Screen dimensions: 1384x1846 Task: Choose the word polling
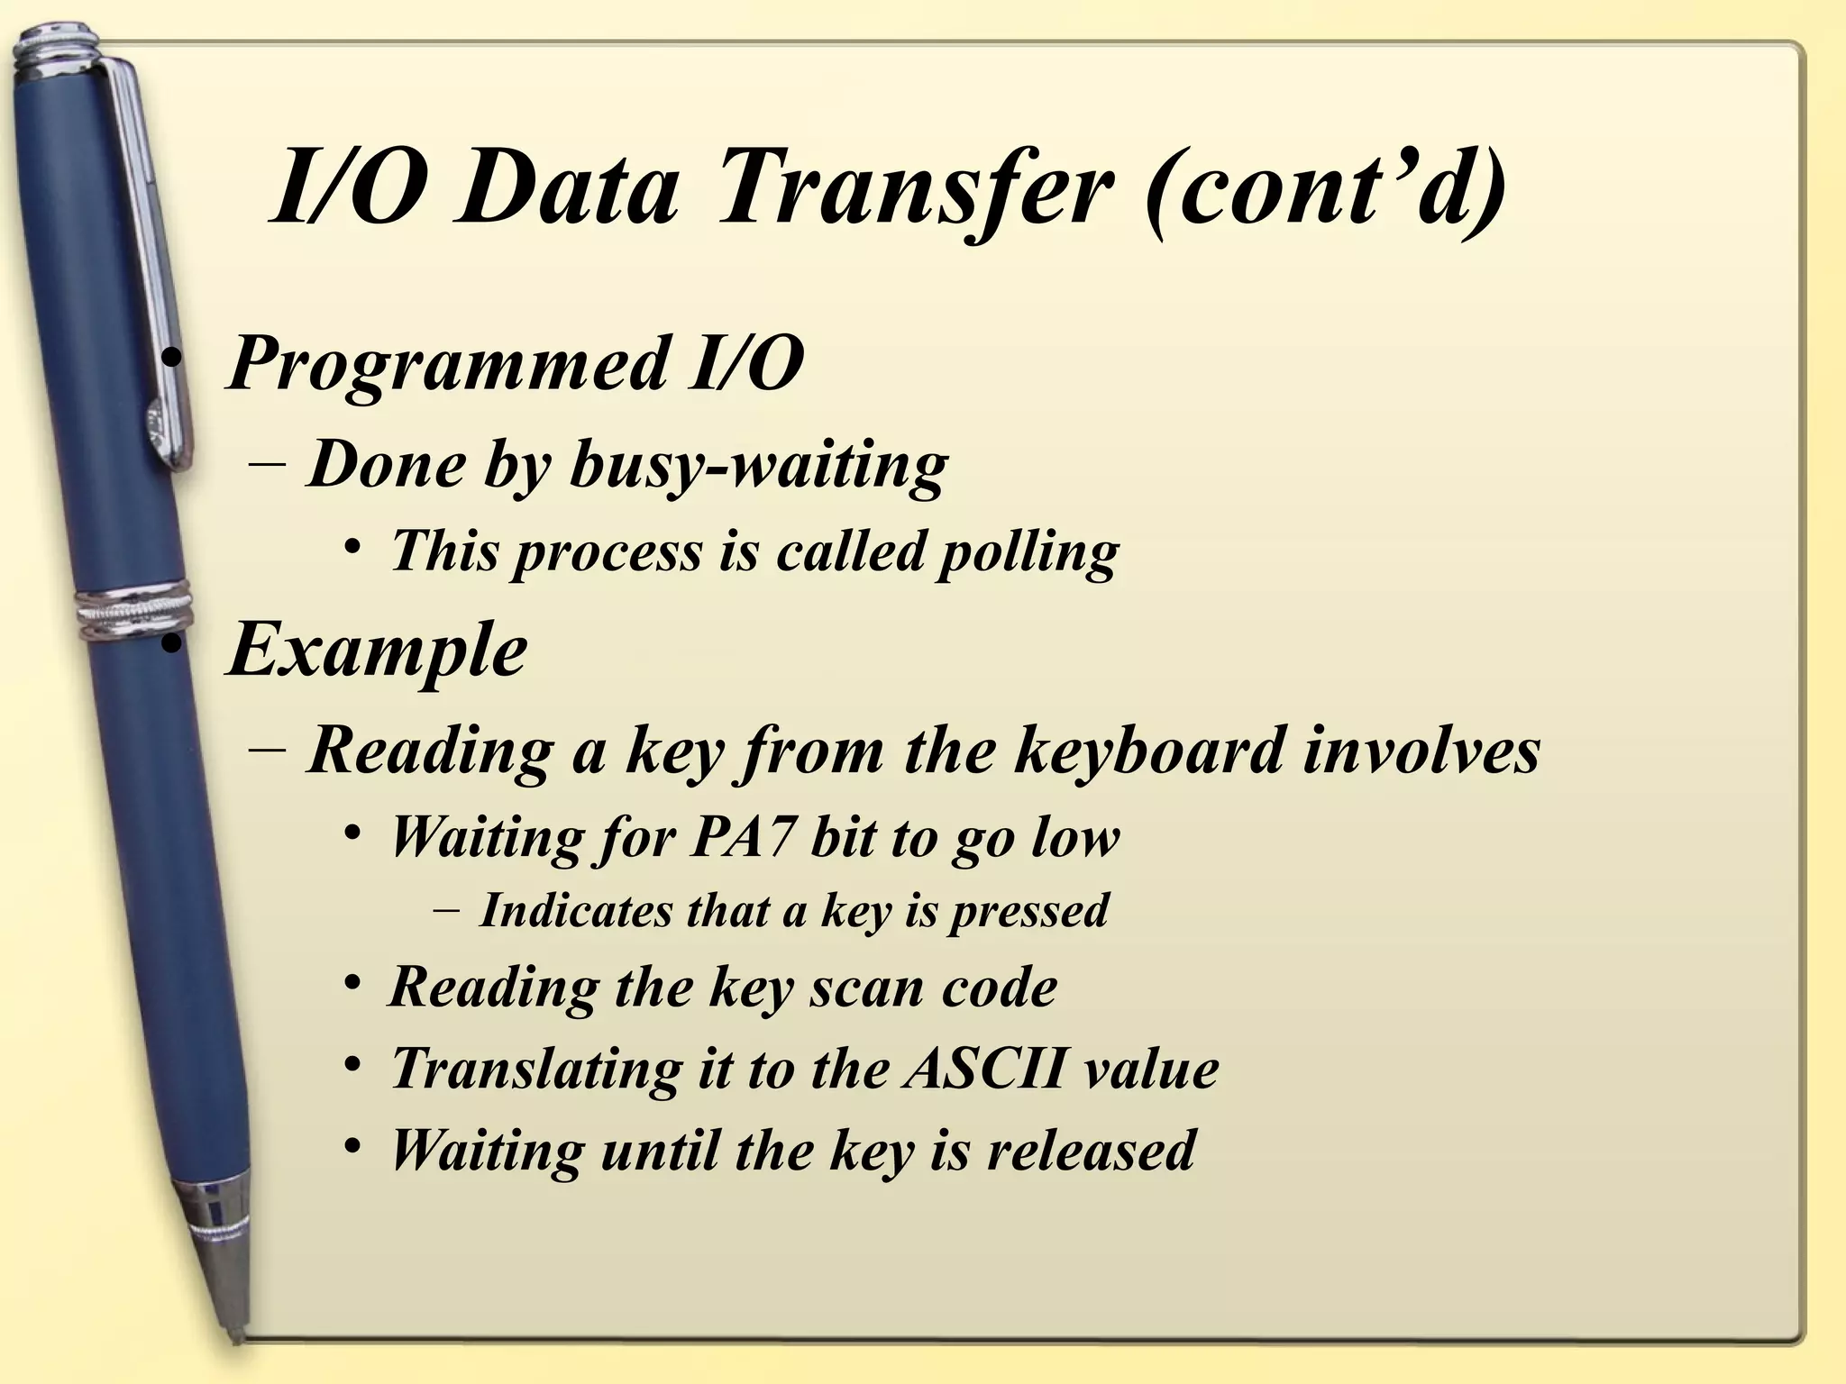point(1028,551)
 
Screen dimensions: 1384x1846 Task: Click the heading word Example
point(377,651)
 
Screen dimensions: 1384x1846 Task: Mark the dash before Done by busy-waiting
point(267,467)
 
